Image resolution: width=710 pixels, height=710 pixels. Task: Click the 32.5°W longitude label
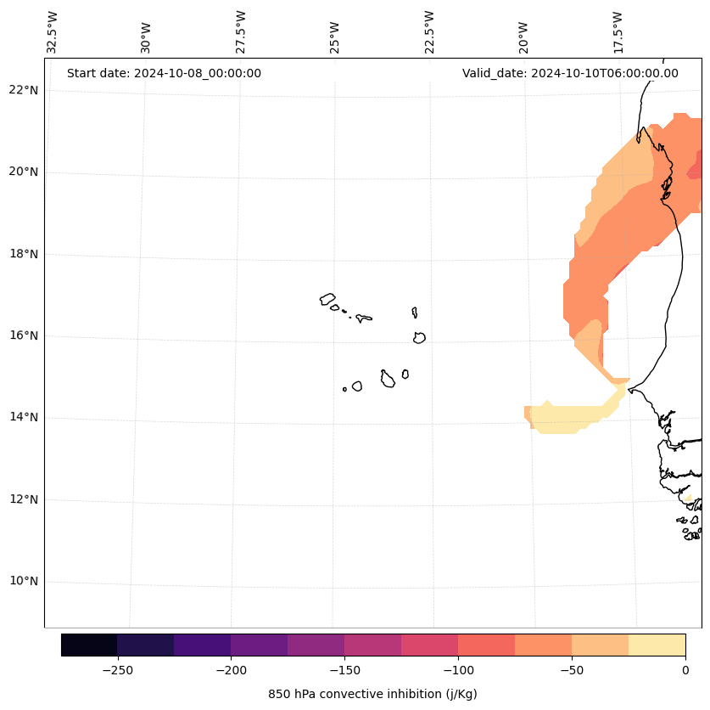[52, 32]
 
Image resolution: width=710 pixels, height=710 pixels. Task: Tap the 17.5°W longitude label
[618, 32]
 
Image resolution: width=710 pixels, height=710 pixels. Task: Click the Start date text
[164, 73]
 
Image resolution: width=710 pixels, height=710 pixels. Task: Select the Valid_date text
[570, 73]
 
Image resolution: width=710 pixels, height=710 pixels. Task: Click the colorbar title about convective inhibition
[372, 694]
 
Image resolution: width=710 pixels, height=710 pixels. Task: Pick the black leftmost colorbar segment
[89, 645]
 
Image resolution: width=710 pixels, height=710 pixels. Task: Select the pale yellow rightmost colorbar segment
[657, 645]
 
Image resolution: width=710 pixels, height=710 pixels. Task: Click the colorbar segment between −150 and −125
[372, 645]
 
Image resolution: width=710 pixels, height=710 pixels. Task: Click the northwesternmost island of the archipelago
[327, 299]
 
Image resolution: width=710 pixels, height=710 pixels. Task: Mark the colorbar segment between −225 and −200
[202, 645]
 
